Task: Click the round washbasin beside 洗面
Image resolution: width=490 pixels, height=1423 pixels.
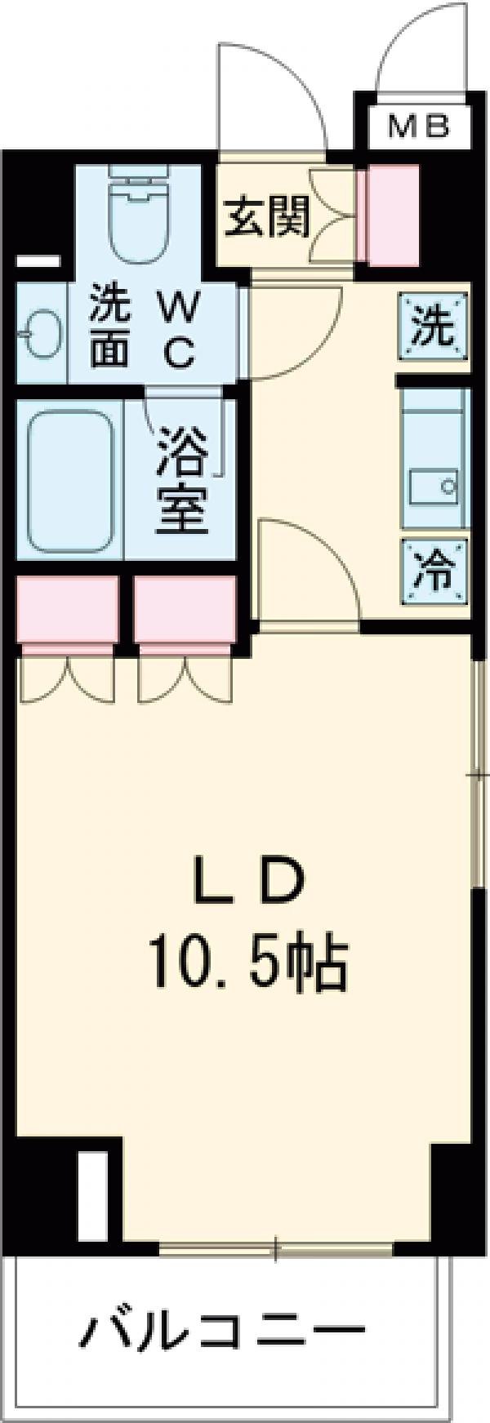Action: tap(37, 333)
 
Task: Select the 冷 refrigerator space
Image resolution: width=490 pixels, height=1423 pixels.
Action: tap(434, 571)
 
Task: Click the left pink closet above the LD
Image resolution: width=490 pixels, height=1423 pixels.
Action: tap(68, 608)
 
